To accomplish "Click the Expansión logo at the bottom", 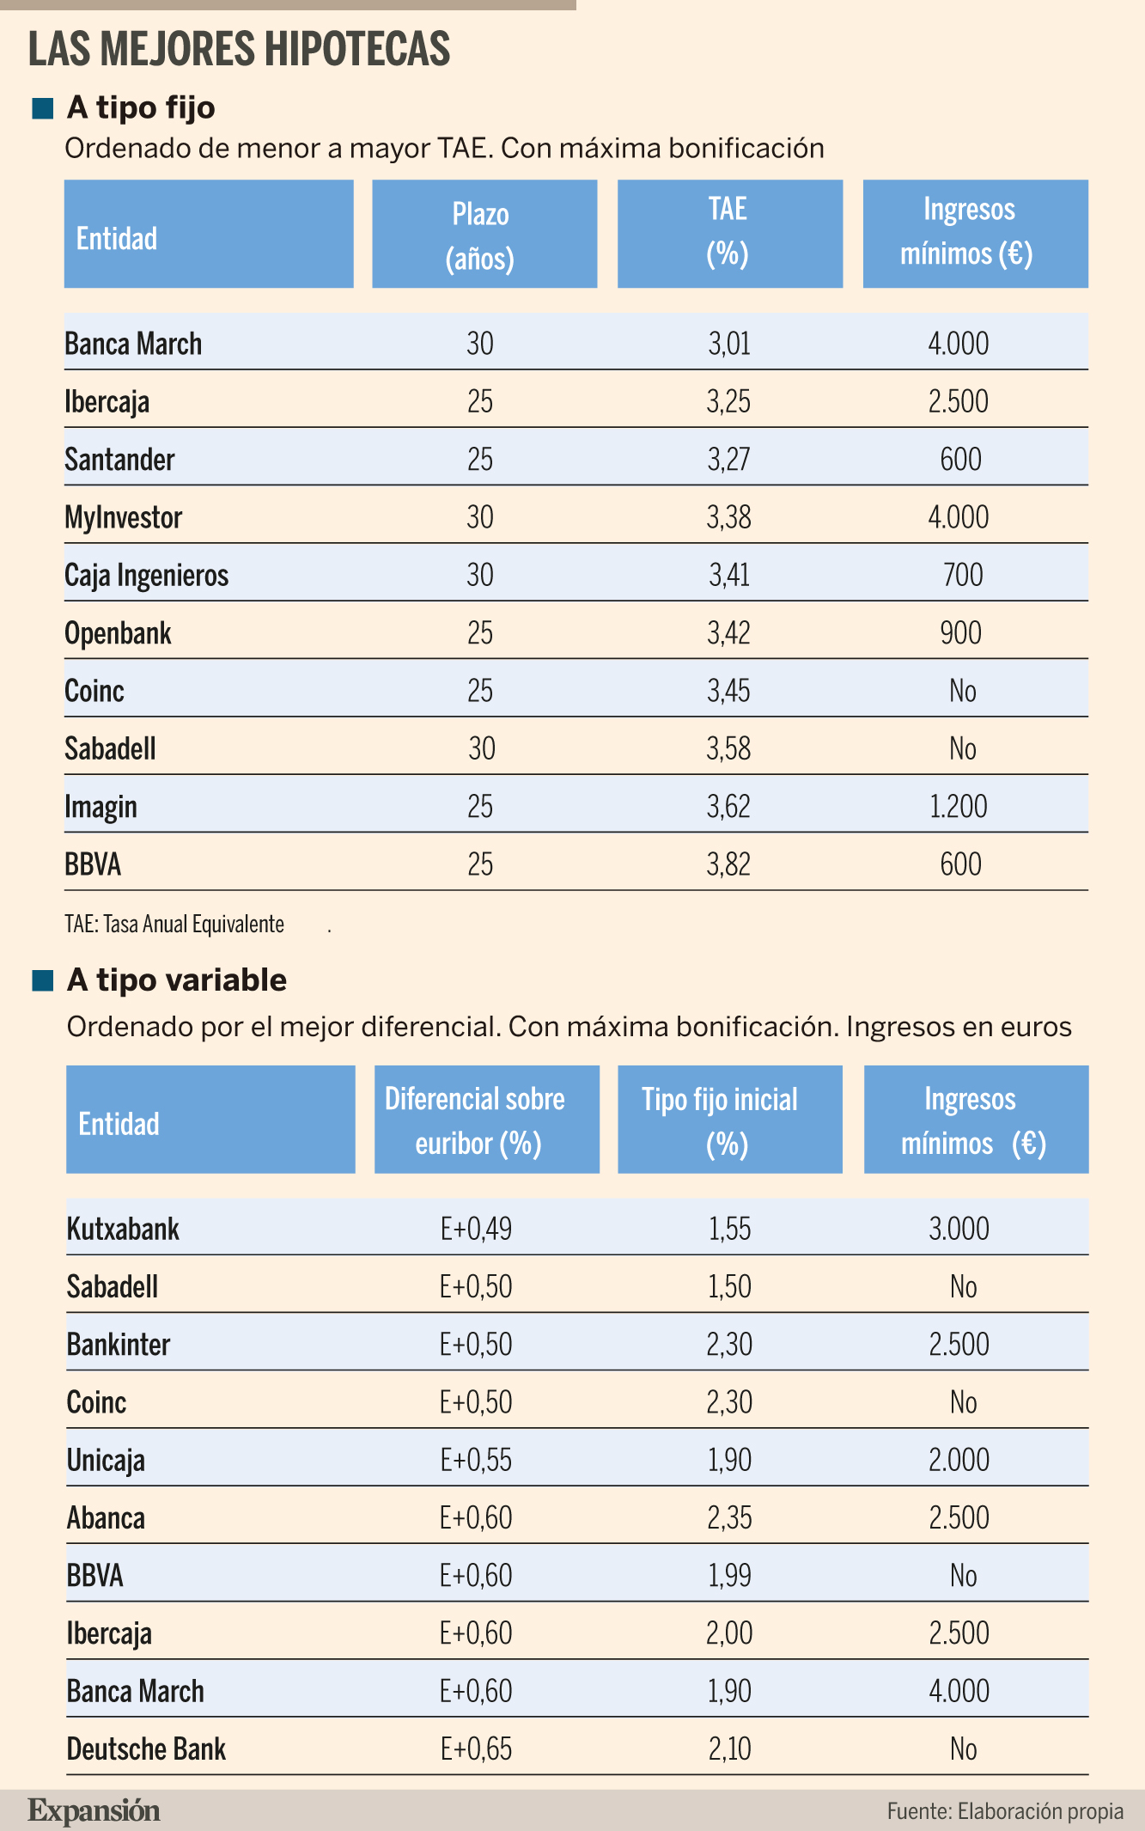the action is (94, 1810).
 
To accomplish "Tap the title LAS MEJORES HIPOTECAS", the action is (239, 48).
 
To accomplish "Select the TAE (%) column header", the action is (729, 233).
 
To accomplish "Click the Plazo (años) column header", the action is (484, 233).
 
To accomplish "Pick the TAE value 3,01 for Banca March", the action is (729, 344).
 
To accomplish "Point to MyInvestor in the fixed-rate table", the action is (124, 517).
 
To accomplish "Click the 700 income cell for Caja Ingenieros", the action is (962, 575).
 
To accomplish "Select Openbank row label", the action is (119, 633).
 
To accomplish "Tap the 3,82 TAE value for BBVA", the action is (729, 864).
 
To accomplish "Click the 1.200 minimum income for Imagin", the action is (959, 807).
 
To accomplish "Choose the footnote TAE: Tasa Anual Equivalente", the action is (174, 925).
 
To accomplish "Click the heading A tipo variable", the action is (177, 980).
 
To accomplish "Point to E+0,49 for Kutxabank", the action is (476, 1229).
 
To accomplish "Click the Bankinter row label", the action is (119, 1345).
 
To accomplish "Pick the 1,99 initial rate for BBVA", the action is (729, 1576).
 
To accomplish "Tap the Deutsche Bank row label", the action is (147, 1749).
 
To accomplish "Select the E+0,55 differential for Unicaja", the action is (476, 1460).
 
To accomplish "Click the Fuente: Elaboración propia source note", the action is (1005, 1811).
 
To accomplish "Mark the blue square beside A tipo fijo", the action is (43, 109).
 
